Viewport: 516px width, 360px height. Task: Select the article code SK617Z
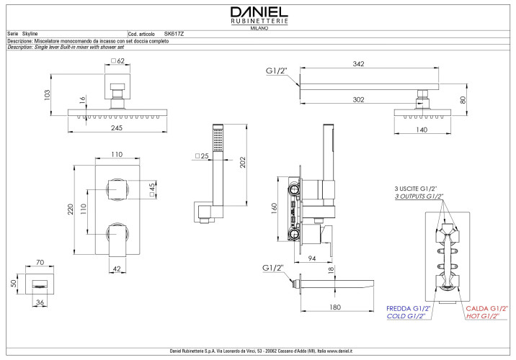pos(174,34)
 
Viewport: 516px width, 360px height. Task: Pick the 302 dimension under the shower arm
pos(358,100)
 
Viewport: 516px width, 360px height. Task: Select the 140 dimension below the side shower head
pos(422,130)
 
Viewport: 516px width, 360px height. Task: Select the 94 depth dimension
pos(312,257)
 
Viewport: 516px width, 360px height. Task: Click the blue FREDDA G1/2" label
pos(407,307)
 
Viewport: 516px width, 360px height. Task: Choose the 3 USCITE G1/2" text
pos(416,188)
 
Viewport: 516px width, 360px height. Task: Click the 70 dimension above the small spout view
pos(40,264)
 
